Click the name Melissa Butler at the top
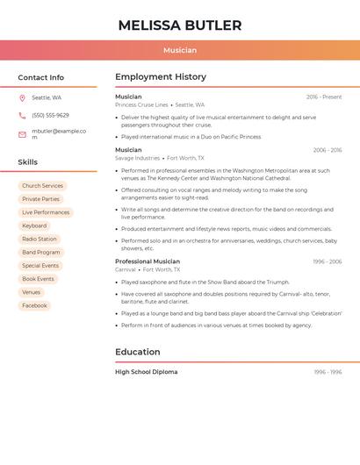(x=180, y=25)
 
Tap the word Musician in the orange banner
(x=180, y=50)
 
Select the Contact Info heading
(x=41, y=77)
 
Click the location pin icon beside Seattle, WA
(x=22, y=98)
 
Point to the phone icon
(x=22, y=115)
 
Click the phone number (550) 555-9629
(x=50, y=115)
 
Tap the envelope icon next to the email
(x=22, y=134)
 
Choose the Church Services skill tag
(x=42, y=186)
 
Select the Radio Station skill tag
(x=40, y=239)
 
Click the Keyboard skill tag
(x=34, y=225)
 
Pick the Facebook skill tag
(x=34, y=305)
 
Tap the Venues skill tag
(x=31, y=292)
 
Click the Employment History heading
(x=161, y=77)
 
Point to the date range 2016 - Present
(x=324, y=97)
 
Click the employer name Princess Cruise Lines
(x=141, y=104)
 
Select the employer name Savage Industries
(x=137, y=158)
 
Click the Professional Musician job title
(x=148, y=261)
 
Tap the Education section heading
(x=138, y=352)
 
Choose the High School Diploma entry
(x=146, y=372)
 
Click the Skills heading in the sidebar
(x=28, y=162)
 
